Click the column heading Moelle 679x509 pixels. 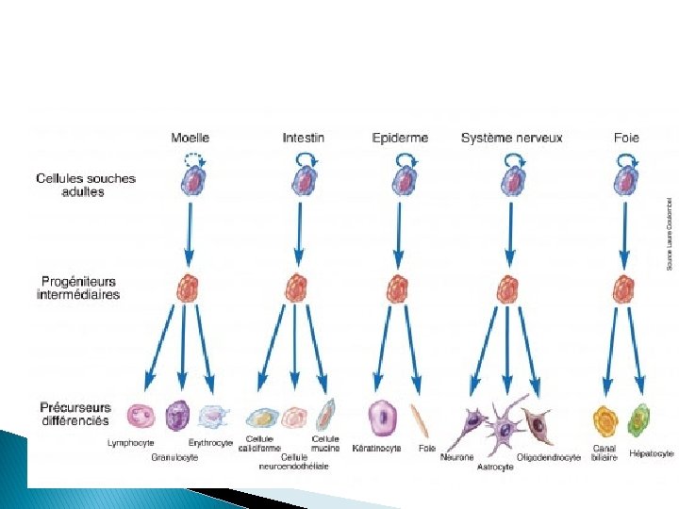tap(190, 138)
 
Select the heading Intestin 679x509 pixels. tap(303, 138)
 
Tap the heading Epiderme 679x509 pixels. tap(400, 138)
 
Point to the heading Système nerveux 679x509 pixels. tap(511, 138)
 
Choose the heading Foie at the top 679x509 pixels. tap(626, 138)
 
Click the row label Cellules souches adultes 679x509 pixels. tap(86, 185)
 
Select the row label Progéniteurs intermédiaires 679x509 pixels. tap(79, 287)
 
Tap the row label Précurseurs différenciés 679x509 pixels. tap(75, 414)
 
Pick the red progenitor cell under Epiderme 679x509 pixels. tap(398, 287)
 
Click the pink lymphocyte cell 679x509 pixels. tap(141, 416)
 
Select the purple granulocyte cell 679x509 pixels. tap(177, 416)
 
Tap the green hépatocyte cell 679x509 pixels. tap(640, 418)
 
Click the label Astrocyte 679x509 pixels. tap(494, 467)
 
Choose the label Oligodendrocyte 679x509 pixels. tap(549, 457)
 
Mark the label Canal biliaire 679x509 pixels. tap(605, 453)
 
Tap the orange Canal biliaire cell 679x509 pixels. tap(605, 418)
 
